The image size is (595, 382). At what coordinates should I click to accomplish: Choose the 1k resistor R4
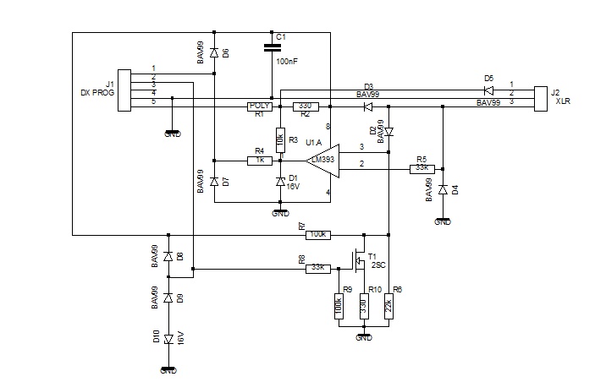(259, 161)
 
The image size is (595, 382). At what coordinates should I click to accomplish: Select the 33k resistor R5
(421, 169)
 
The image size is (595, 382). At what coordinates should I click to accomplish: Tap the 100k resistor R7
(318, 234)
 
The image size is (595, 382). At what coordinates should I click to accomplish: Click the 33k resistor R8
(318, 269)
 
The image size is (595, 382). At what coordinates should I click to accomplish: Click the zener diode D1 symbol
(280, 182)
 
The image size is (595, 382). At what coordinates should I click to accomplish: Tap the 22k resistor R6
(388, 303)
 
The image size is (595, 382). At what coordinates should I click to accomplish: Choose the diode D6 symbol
(214, 53)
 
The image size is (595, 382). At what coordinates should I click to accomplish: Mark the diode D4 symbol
(443, 190)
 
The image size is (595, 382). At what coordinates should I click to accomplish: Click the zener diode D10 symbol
(169, 338)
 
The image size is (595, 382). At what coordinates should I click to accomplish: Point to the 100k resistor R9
(339, 303)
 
